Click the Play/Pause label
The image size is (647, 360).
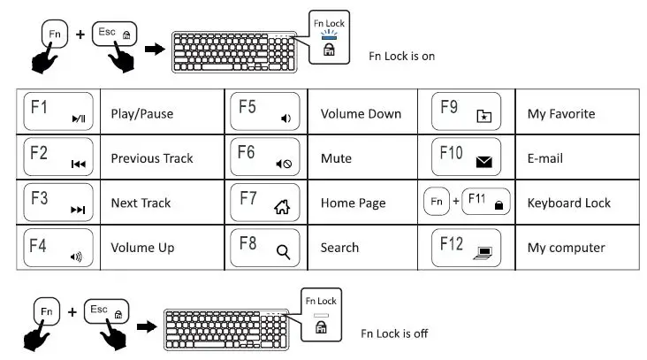(141, 113)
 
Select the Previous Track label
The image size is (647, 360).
(151, 158)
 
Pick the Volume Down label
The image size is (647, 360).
(360, 113)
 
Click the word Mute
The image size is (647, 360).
(336, 158)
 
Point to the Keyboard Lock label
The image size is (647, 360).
(568, 203)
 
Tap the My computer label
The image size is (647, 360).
(566, 248)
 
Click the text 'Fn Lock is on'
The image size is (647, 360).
(402, 56)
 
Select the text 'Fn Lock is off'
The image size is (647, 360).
(394, 333)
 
